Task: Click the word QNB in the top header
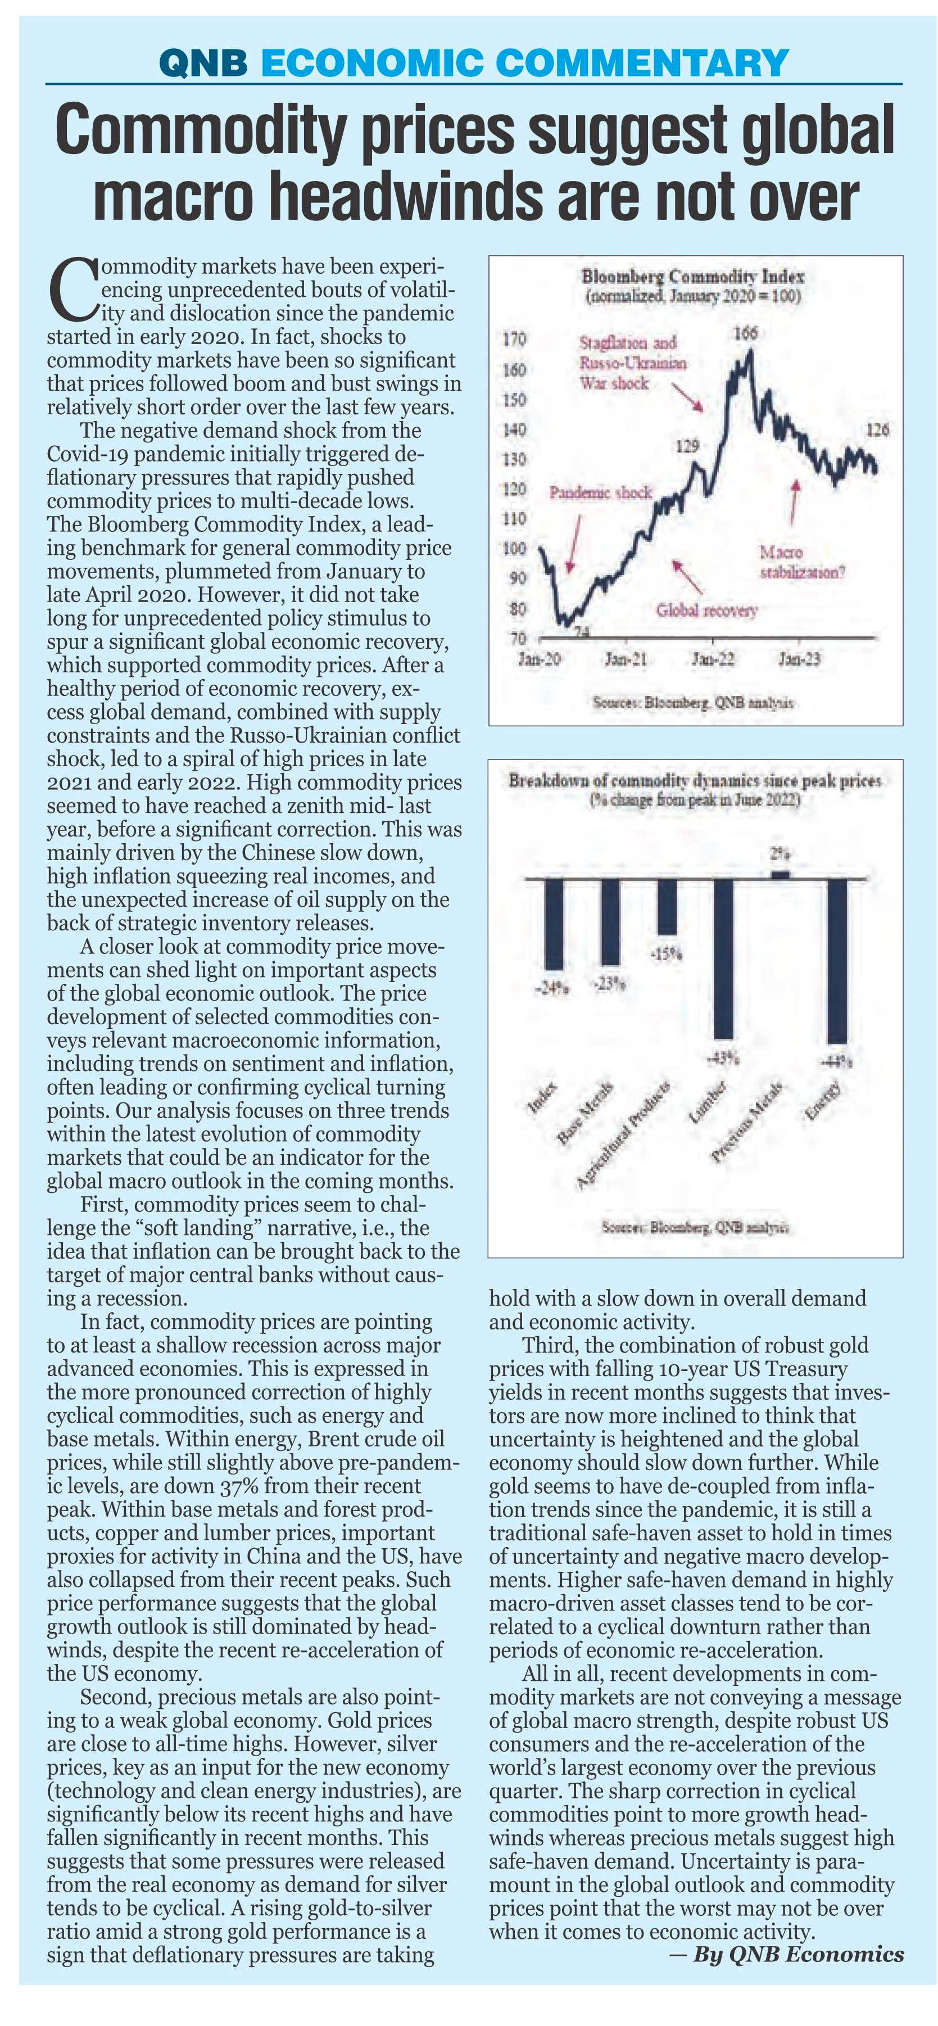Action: (203, 63)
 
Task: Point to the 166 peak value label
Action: (745, 333)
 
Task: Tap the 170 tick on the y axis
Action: (514, 341)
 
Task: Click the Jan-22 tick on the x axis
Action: (713, 658)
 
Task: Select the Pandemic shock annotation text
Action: (601, 492)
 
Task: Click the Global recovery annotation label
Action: (707, 610)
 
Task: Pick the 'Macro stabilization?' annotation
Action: (802, 562)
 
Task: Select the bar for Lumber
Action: (723, 960)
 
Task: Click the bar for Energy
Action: (837, 961)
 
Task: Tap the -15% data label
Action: (667, 955)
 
